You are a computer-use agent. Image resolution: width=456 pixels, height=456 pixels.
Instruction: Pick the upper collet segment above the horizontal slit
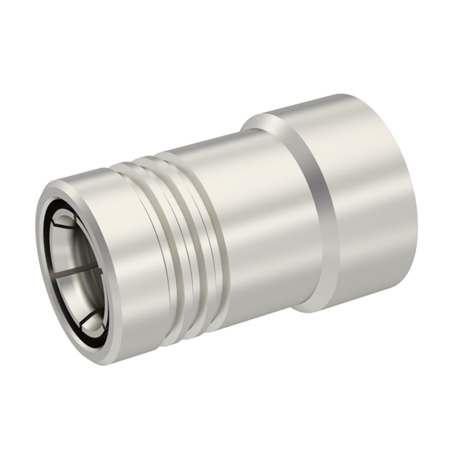tap(75, 246)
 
